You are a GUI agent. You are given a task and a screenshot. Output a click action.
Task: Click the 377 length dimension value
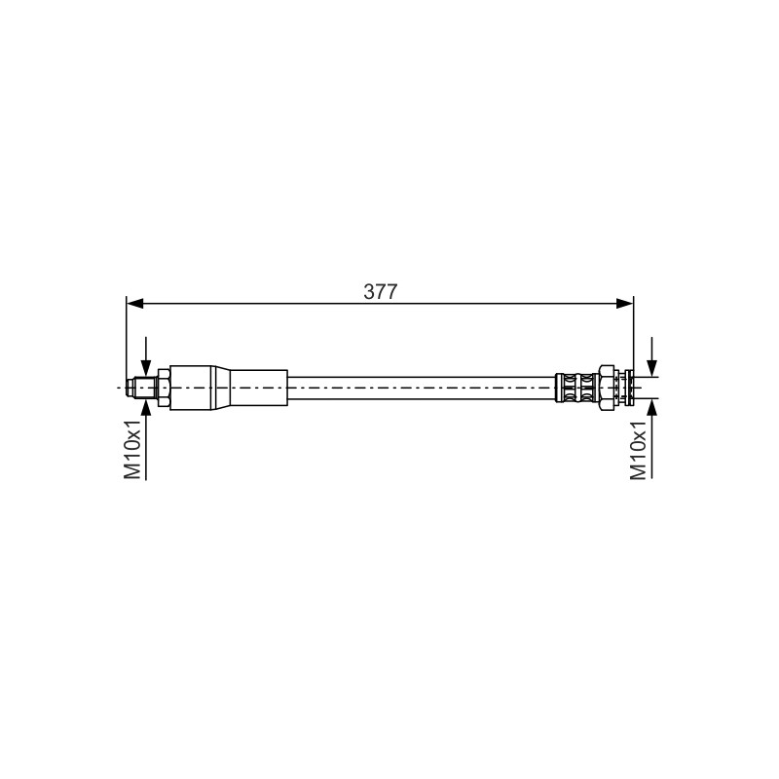point(381,291)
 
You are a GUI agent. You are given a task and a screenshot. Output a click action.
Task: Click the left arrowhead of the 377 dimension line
point(135,303)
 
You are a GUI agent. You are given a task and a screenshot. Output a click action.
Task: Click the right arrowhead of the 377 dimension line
point(625,303)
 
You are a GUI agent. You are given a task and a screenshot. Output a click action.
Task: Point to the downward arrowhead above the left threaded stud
point(146,368)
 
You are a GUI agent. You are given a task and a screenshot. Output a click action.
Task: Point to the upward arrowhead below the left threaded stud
point(146,406)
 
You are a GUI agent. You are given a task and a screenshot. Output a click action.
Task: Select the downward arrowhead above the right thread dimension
point(651,368)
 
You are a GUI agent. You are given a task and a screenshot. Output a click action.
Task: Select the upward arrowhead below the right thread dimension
point(651,406)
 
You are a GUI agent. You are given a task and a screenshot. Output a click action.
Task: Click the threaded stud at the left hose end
point(144,388)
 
